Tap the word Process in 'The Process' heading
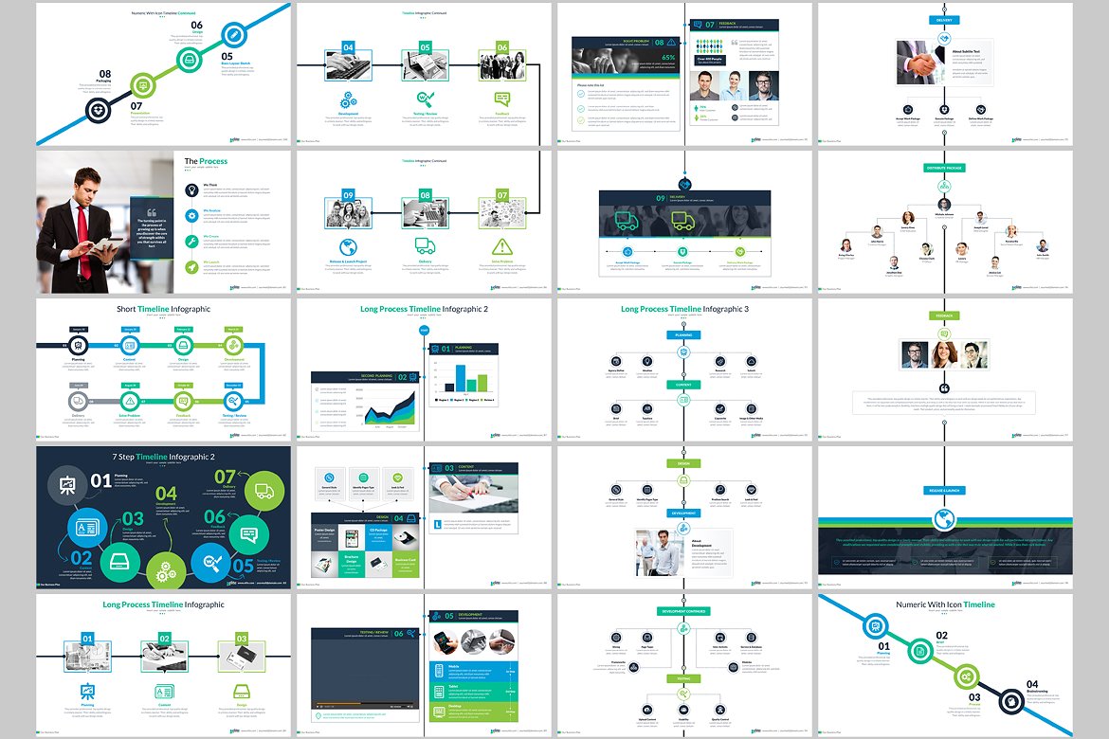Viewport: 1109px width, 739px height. click(213, 162)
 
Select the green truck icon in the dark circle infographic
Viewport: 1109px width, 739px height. click(264, 491)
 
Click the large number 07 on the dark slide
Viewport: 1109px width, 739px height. click(226, 477)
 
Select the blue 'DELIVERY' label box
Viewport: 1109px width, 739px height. click(944, 18)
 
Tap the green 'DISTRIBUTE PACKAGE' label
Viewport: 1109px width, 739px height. click(944, 167)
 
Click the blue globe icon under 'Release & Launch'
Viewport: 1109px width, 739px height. click(944, 519)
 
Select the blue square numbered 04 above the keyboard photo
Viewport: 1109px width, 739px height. click(348, 47)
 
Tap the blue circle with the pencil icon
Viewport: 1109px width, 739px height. click(233, 36)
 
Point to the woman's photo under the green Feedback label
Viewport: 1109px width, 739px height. click(944, 354)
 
